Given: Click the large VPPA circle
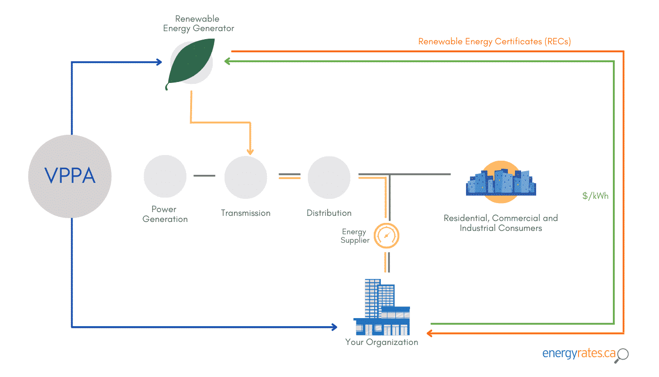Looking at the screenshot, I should click(x=70, y=176).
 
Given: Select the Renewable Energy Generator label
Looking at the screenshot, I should click(x=198, y=24).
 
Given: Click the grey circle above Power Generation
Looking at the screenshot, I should click(x=165, y=177).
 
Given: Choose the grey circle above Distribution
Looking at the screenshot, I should click(x=329, y=177).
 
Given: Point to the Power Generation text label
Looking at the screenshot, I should click(x=165, y=214).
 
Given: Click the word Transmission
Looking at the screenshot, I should click(x=245, y=213).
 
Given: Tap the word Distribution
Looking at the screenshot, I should click(x=329, y=213).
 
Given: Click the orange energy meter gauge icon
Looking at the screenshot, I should click(x=386, y=236).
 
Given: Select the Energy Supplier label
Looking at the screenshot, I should click(x=355, y=236).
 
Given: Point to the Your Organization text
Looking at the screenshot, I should click(x=381, y=342).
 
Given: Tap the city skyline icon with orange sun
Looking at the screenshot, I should click(x=501, y=182).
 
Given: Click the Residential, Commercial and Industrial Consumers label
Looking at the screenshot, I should click(x=500, y=223).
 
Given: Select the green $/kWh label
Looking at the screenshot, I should click(x=595, y=196).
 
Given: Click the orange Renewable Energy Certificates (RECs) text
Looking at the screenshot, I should click(x=494, y=41).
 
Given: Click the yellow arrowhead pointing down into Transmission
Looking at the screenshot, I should click(x=250, y=151).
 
